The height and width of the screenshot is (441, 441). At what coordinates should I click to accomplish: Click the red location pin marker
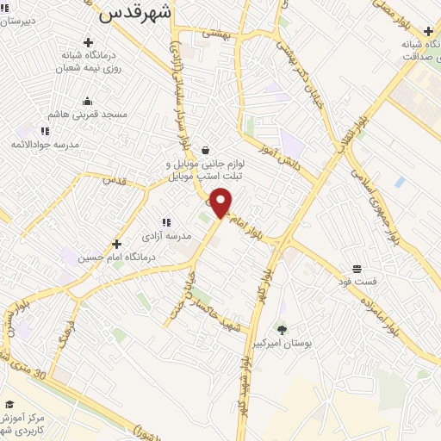point(221,202)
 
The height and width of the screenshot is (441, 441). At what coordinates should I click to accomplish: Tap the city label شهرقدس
point(136,12)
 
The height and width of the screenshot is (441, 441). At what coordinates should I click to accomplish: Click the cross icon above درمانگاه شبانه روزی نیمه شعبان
point(88,42)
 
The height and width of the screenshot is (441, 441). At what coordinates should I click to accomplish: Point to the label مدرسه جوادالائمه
point(48,144)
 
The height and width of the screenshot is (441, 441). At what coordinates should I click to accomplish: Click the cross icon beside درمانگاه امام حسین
point(116,244)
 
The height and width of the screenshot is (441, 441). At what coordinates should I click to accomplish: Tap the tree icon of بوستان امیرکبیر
point(282,328)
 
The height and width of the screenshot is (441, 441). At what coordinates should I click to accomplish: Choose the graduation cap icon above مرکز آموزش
point(9,404)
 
